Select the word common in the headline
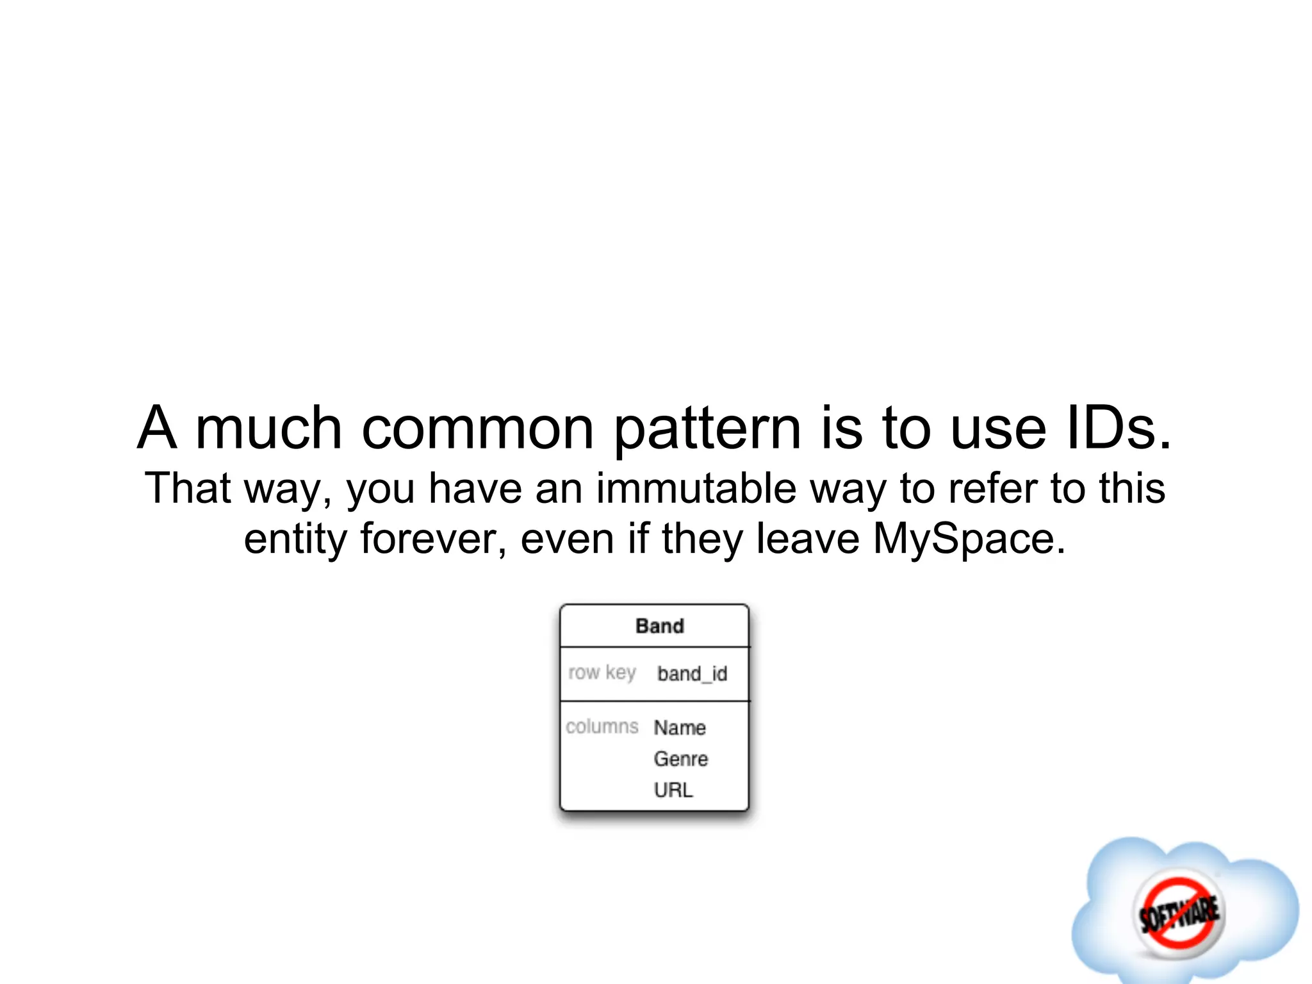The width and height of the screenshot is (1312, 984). click(477, 428)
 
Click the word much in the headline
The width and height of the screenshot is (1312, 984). click(268, 428)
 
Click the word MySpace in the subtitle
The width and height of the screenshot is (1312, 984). click(969, 539)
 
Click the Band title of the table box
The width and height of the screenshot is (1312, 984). click(659, 626)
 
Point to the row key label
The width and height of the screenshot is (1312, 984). click(602, 673)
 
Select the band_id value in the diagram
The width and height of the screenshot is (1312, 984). click(692, 674)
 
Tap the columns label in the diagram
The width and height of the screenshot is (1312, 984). click(602, 726)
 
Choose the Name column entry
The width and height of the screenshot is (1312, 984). click(680, 728)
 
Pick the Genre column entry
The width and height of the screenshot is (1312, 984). click(680, 759)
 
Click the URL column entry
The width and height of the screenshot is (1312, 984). click(673, 790)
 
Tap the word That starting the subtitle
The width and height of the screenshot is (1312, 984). click(187, 488)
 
